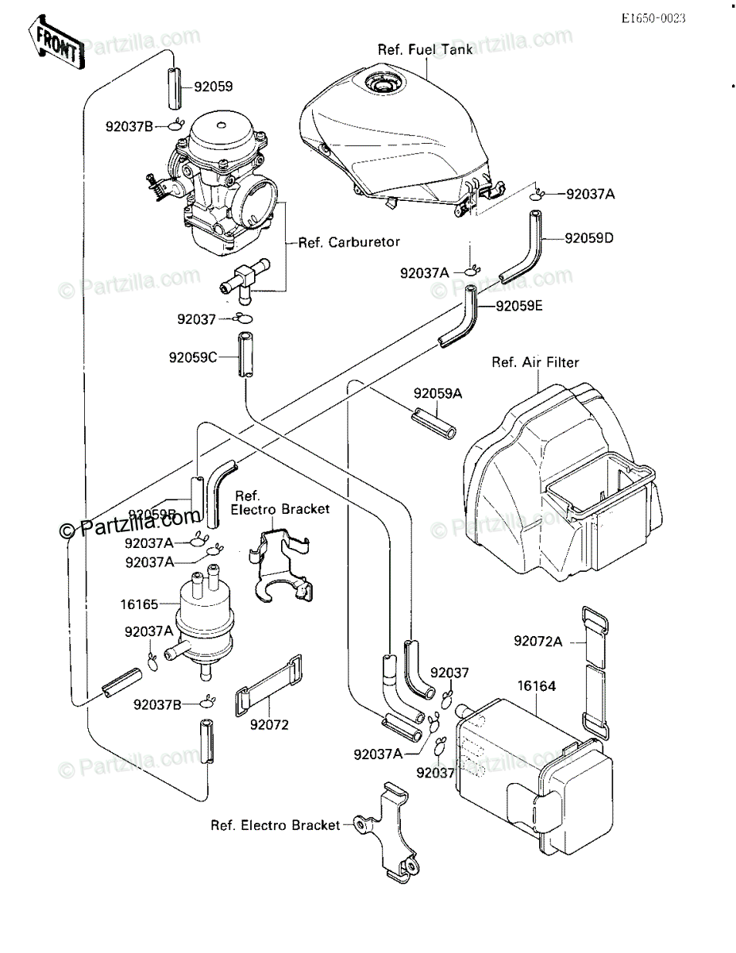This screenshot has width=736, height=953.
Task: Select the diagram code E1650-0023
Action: [653, 18]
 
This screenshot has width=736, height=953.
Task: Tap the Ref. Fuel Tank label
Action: [425, 50]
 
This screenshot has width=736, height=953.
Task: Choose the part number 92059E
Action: [519, 305]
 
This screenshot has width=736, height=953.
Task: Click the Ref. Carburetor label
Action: [349, 242]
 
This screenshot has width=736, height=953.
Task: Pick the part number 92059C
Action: [192, 357]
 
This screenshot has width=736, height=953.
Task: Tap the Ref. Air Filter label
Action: [535, 363]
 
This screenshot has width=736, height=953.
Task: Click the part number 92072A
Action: [538, 641]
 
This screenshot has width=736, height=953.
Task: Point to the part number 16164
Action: [537, 685]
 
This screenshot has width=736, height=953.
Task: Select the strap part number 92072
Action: [268, 724]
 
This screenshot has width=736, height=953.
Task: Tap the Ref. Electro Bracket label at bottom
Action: [275, 825]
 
